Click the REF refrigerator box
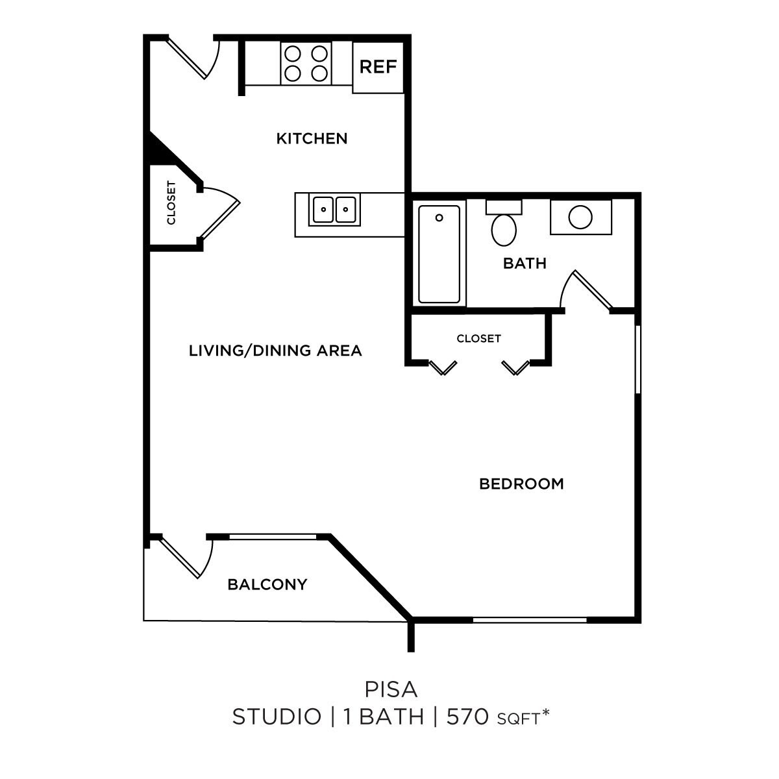click(378, 67)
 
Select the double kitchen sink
click(335, 210)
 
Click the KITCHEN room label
click(312, 138)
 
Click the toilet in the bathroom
click(504, 227)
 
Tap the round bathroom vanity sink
click(580, 217)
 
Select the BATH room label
click(525, 264)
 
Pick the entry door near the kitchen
click(195, 58)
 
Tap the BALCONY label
click(267, 584)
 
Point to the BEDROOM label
click(521, 484)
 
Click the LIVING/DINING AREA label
click(275, 351)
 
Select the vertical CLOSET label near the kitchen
click(171, 203)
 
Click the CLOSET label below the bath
click(478, 338)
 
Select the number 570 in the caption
click(467, 717)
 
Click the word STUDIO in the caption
click(277, 717)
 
